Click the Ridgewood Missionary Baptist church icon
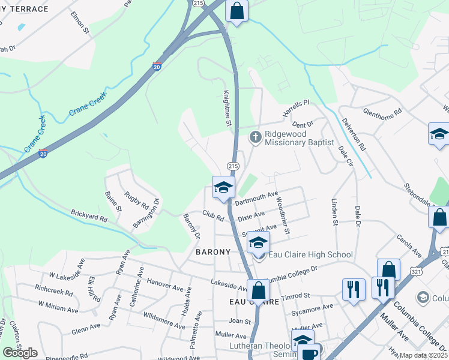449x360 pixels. point(255,137)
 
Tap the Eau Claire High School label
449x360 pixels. point(310,255)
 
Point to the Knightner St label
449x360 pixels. point(228,109)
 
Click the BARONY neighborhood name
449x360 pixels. point(213,253)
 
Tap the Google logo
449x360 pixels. point(20,353)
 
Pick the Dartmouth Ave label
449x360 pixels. point(256,199)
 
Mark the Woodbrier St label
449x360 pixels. point(283,214)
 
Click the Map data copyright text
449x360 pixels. point(424,355)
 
